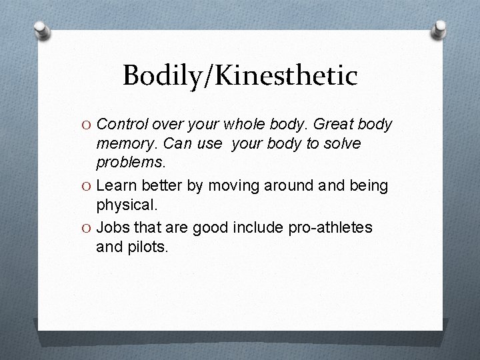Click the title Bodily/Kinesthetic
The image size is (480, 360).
240,76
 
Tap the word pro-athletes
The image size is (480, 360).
330,229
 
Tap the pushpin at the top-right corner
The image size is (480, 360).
441,29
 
